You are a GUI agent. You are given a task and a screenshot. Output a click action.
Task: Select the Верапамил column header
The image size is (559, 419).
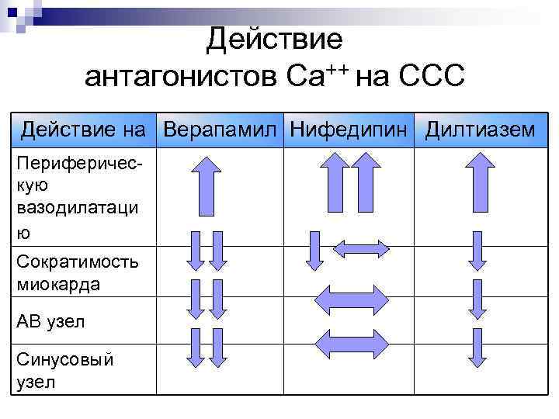(x=220, y=129)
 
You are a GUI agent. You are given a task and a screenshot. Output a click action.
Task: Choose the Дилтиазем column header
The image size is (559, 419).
(x=479, y=129)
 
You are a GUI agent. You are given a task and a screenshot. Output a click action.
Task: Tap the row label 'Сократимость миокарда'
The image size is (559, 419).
(x=78, y=272)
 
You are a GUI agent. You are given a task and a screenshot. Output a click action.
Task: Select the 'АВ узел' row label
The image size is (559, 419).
(x=50, y=321)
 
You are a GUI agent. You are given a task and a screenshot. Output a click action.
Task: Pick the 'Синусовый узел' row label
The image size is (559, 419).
(x=64, y=371)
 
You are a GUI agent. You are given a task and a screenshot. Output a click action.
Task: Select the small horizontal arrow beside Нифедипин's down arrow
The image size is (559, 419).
(x=361, y=249)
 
